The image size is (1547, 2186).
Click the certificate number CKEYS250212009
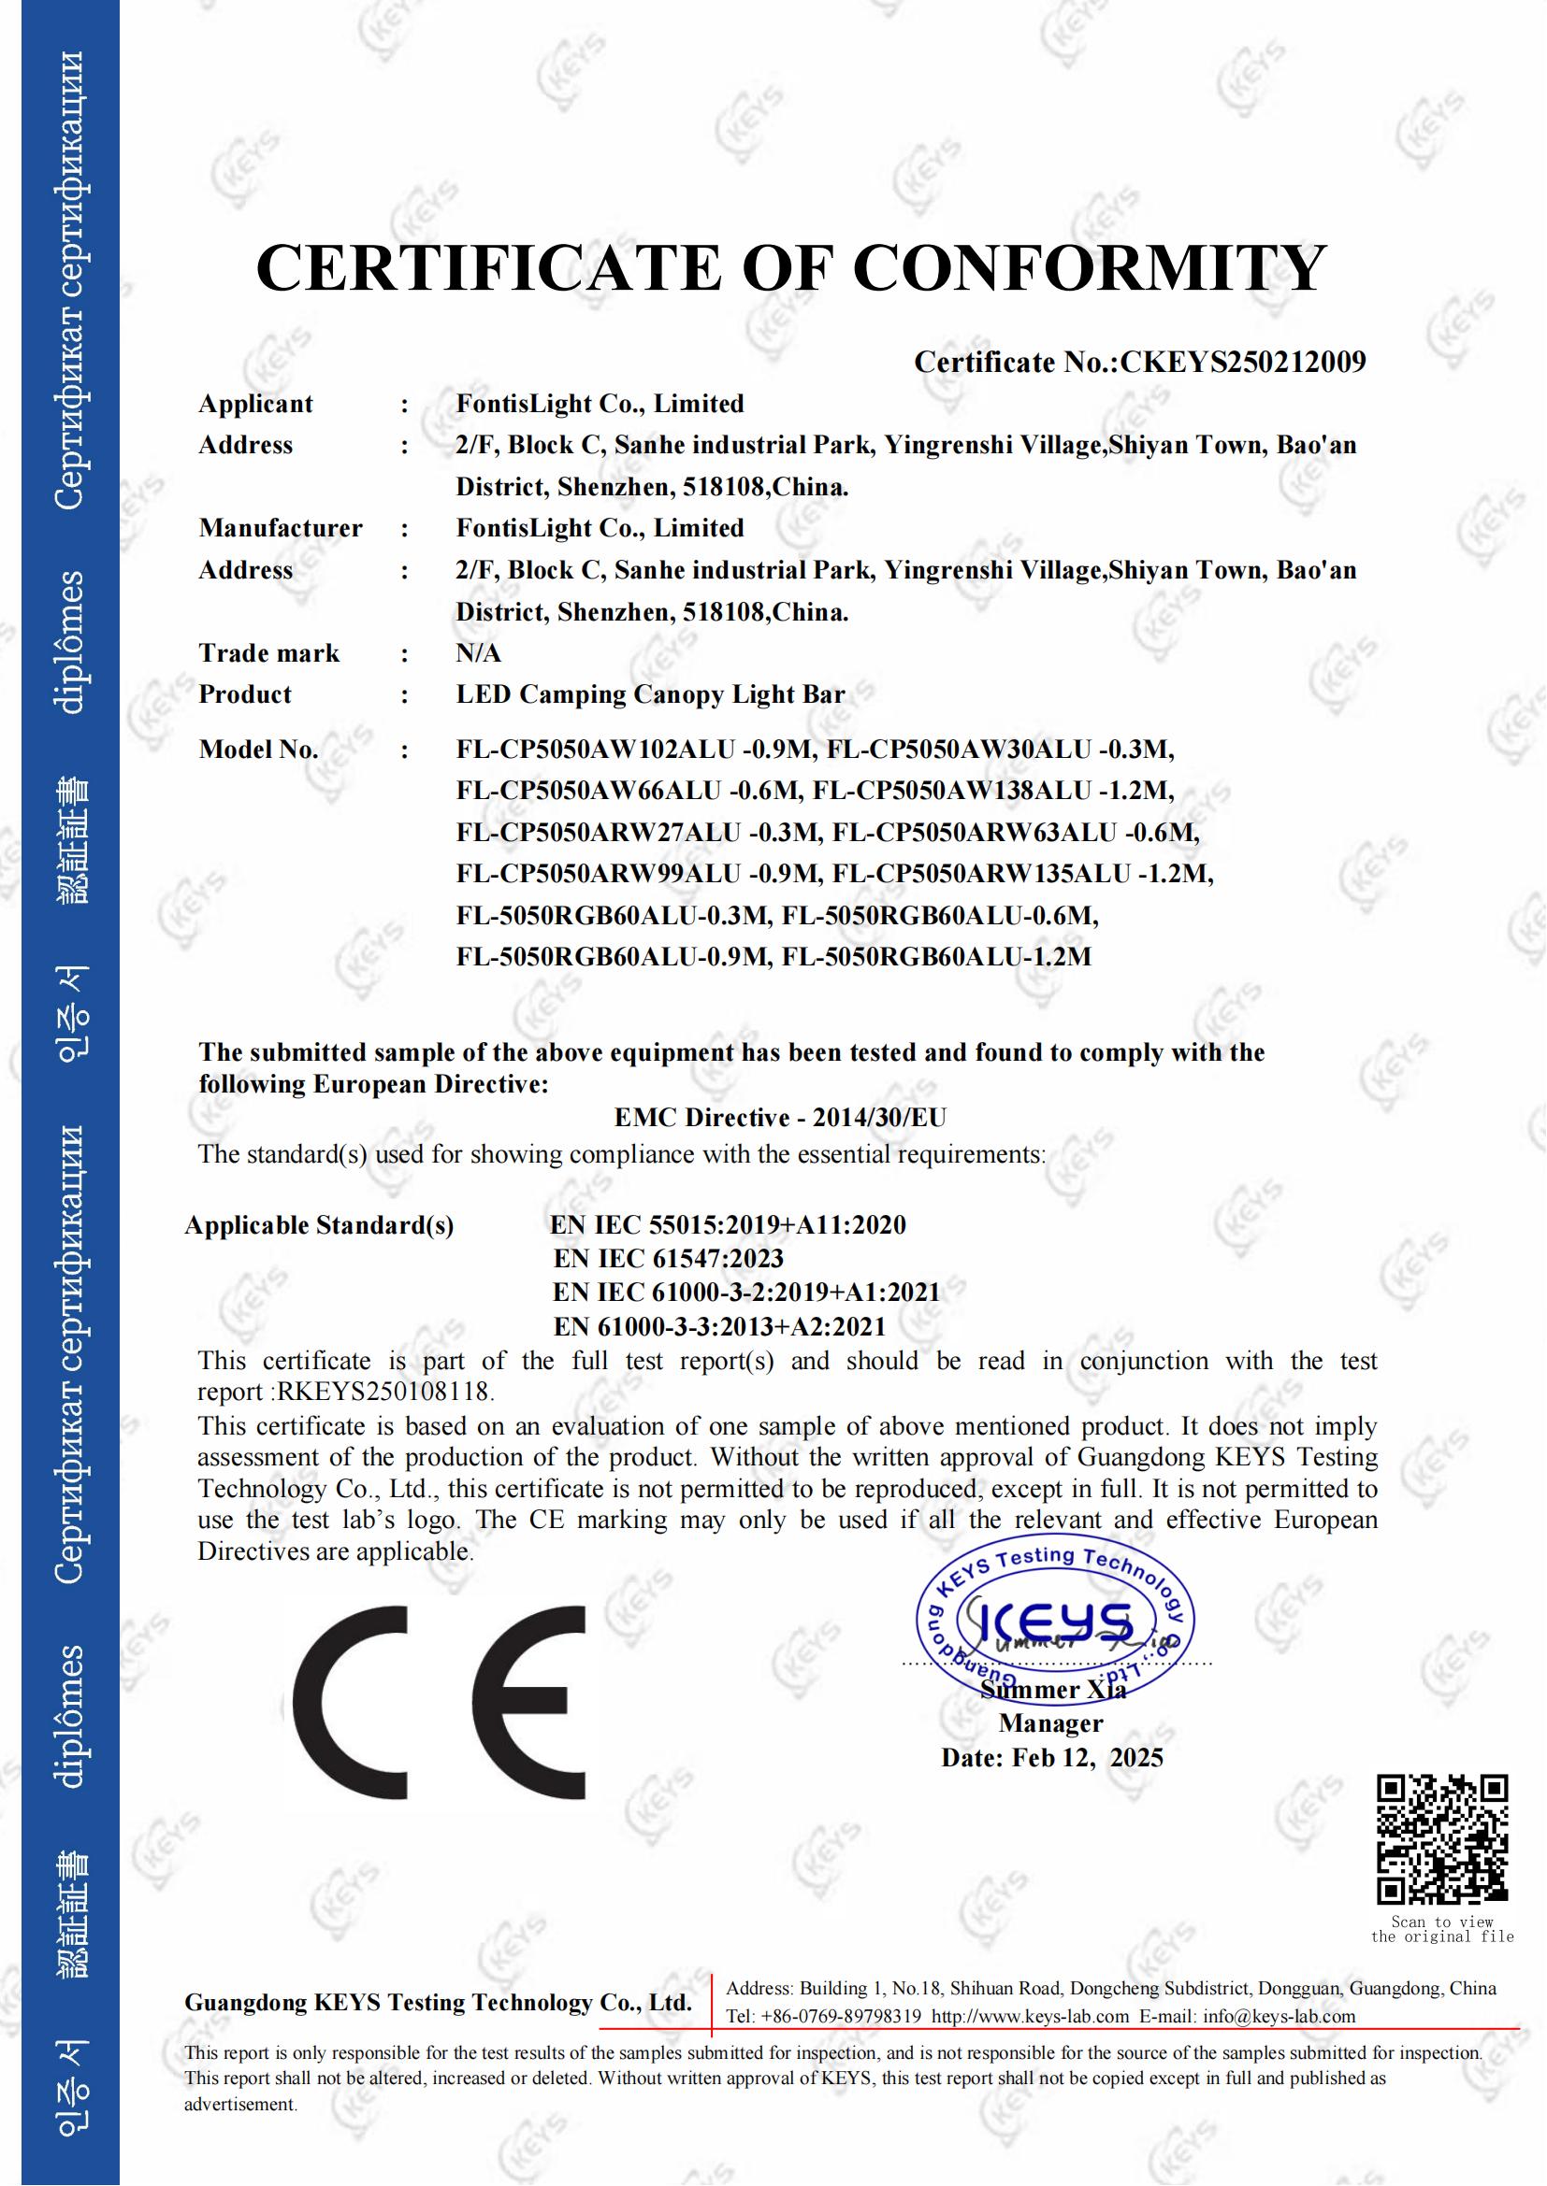coord(1243,363)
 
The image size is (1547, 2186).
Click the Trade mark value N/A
coord(478,653)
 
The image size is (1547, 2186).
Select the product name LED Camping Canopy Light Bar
coord(651,694)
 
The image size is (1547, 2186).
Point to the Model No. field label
coord(258,750)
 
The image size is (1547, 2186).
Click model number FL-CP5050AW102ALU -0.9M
coord(634,750)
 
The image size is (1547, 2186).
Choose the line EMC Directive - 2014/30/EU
coord(780,1118)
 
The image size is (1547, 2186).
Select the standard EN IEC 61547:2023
coord(669,1259)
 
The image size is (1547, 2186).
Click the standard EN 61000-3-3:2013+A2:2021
coord(719,1326)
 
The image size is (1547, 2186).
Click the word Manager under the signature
coord(1050,1723)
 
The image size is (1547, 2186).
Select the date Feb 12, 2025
coord(1087,1758)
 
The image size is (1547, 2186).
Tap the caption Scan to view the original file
coord(1442,1930)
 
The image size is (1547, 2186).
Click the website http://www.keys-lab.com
coord(1030,2017)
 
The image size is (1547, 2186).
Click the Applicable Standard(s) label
coord(319,1225)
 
